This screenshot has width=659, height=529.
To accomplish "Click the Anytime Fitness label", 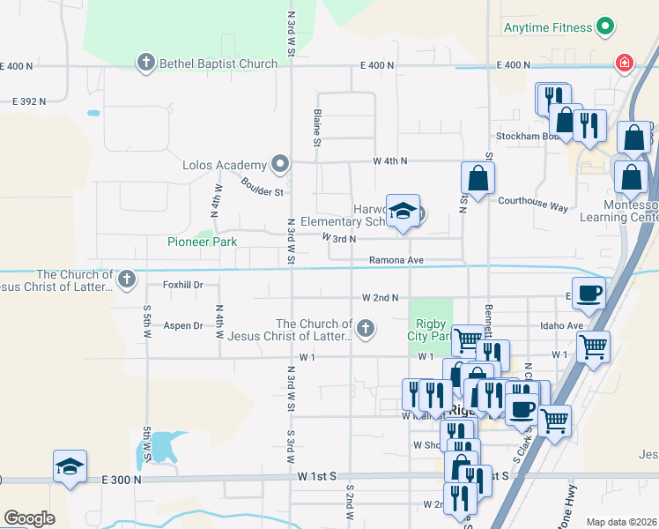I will pyautogui.click(x=547, y=27).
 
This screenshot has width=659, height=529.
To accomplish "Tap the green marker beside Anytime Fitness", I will pyautogui.click(x=605, y=27).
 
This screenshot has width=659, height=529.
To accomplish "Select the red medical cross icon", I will pyautogui.click(x=624, y=63).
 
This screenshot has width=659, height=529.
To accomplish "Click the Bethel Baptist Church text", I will pyautogui.click(x=218, y=63).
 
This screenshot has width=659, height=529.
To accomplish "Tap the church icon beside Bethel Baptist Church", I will pyautogui.click(x=146, y=63).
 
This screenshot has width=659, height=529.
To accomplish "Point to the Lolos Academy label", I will pyautogui.click(x=224, y=165).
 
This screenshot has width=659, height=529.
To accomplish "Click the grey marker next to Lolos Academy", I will pyautogui.click(x=280, y=164).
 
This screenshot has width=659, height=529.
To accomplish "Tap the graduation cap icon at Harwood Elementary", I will pyautogui.click(x=403, y=212).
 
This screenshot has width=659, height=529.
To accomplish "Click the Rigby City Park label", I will pyautogui.click(x=430, y=329).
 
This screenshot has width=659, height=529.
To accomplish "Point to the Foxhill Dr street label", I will pyautogui.click(x=183, y=285).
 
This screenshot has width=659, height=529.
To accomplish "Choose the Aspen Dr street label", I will pyautogui.click(x=183, y=325).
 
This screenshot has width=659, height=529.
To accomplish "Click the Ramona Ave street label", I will pyautogui.click(x=396, y=260).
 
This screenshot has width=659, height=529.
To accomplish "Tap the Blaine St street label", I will pyautogui.click(x=315, y=128).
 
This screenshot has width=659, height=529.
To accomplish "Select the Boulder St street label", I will pyautogui.click(x=262, y=187).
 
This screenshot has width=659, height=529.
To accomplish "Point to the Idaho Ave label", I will pyautogui.click(x=563, y=325).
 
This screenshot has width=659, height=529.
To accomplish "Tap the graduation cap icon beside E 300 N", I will pyautogui.click(x=70, y=467).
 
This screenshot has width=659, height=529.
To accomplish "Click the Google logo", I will pyautogui.click(x=29, y=518).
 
